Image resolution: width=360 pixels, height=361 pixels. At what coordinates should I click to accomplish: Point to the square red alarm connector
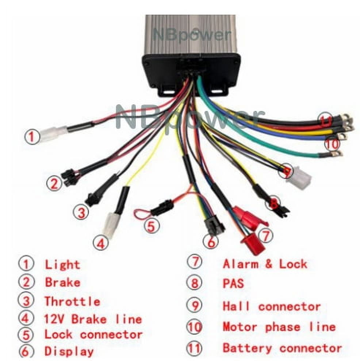pyautogui.click(x=253, y=244)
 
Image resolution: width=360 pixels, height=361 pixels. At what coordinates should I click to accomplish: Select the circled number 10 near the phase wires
pyautogui.click(x=332, y=144)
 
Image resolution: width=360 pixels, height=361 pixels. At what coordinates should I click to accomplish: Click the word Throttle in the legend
pyautogui.click(x=72, y=301)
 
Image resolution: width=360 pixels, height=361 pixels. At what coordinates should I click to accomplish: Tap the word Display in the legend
pyautogui.click(x=69, y=351)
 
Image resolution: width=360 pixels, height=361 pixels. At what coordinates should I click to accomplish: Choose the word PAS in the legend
pyautogui.click(x=233, y=283)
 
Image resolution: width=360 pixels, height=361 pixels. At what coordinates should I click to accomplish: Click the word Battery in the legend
pyautogui.click(x=247, y=349)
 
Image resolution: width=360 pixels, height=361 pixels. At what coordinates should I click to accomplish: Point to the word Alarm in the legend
pyautogui.click(x=240, y=264)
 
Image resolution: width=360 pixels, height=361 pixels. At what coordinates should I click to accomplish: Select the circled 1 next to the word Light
pyautogui.click(x=26, y=264)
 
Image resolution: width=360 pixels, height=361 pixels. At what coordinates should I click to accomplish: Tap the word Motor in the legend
pyautogui.click(x=240, y=327)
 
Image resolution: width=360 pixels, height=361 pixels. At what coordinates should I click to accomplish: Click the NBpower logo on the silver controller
pyautogui.click(x=191, y=35)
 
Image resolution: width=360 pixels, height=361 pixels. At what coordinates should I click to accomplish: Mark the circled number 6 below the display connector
pyautogui.click(x=211, y=242)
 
